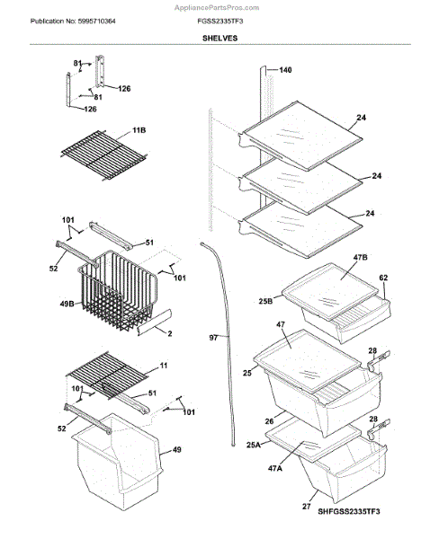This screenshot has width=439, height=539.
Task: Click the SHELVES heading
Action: [219, 38]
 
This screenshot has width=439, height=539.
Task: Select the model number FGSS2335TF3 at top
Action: [220, 22]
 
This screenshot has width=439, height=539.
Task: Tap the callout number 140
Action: [285, 70]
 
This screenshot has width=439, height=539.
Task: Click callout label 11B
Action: [139, 130]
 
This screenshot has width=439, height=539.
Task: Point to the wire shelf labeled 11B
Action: [103, 155]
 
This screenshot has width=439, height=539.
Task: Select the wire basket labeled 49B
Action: [118, 290]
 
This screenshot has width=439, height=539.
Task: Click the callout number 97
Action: [213, 338]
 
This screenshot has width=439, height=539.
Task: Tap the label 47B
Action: [360, 258]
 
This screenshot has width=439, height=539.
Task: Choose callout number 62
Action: [383, 278]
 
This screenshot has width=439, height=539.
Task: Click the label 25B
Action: [265, 301]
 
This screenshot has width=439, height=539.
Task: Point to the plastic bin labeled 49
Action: [117, 462]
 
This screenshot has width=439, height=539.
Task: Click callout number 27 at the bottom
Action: [307, 507]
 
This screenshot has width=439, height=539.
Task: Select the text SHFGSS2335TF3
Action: [348, 511]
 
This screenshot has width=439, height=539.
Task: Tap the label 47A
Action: [274, 468]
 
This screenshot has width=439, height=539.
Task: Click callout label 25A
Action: [254, 445]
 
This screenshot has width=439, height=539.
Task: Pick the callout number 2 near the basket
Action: [169, 333]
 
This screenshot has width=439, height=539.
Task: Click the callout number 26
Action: [269, 420]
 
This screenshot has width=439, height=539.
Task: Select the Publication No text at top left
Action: [73, 22]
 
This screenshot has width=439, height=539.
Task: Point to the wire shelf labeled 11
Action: [107, 376]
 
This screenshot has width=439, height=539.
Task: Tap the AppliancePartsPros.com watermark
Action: [217, 7]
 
